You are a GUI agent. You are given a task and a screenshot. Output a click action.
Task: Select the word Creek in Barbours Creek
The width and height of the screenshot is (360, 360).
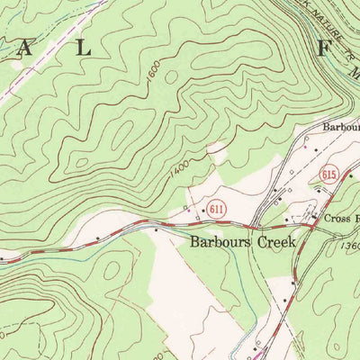tap(277, 242)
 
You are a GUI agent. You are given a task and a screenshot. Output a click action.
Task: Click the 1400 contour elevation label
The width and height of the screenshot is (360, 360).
tap(176, 165)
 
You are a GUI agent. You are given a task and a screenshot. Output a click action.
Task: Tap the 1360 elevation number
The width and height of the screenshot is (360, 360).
tap(350, 246)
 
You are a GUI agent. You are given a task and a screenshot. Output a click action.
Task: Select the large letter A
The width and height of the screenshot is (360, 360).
tap(24, 49)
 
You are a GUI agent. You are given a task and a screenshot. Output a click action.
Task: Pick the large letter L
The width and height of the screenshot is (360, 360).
tap(83, 49)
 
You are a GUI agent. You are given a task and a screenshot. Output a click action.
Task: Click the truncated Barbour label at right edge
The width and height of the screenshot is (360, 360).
tap(340, 128)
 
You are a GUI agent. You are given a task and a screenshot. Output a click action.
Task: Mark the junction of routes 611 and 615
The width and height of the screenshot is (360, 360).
tap(310, 227)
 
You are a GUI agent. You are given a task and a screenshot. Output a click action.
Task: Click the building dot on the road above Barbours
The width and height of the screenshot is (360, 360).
tap(157, 229)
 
